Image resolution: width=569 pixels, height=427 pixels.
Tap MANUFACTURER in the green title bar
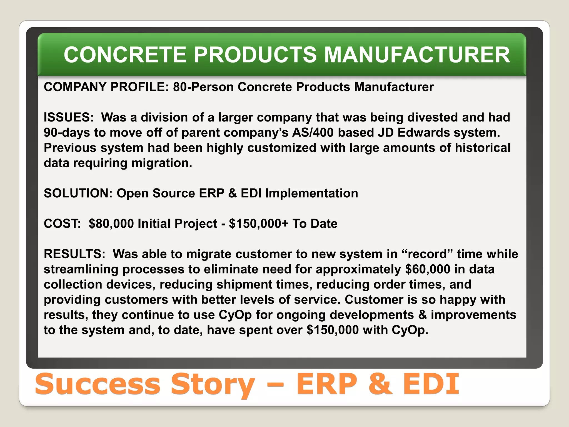(x=417, y=54)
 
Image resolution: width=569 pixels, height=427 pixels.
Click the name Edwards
(x=424, y=133)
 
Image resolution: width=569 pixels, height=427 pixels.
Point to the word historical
(x=483, y=148)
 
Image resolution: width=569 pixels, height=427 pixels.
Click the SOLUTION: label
(x=78, y=193)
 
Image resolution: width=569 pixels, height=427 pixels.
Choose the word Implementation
(x=311, y=193)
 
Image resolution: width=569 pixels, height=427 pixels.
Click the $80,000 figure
(x=111, y=224)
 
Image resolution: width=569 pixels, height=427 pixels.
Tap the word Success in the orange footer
(x=98, y=384)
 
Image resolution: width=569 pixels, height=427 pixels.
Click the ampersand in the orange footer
(x=380, y=384)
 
